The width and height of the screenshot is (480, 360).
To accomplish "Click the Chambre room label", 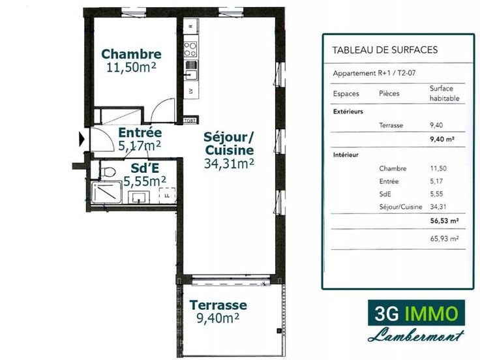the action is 131,54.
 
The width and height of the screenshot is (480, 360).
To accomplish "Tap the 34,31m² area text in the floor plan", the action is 229,164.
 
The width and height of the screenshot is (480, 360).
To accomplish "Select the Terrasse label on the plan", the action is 218,305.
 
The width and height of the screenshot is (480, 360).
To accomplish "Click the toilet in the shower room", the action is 108,172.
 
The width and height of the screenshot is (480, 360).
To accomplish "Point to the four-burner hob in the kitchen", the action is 190,50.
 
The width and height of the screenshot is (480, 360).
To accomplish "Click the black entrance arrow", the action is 82,140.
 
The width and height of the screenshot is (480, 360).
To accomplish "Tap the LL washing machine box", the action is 167,196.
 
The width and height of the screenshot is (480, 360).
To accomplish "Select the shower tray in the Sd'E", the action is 106,193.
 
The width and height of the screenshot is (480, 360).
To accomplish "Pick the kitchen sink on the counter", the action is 191,73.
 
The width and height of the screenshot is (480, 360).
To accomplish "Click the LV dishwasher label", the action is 191,91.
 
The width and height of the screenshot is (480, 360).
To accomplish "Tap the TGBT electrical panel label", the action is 190,120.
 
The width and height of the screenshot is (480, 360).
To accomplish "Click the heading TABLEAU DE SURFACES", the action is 385,50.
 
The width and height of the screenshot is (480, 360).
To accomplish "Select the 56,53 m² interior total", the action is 444,220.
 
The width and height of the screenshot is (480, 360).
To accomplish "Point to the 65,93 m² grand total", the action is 444,239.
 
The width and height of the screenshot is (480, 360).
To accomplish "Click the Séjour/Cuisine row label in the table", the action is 400,207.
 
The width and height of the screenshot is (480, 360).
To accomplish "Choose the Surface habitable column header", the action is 445,93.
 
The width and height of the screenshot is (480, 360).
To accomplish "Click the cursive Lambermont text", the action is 415,335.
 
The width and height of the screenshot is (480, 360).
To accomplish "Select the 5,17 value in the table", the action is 436,181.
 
